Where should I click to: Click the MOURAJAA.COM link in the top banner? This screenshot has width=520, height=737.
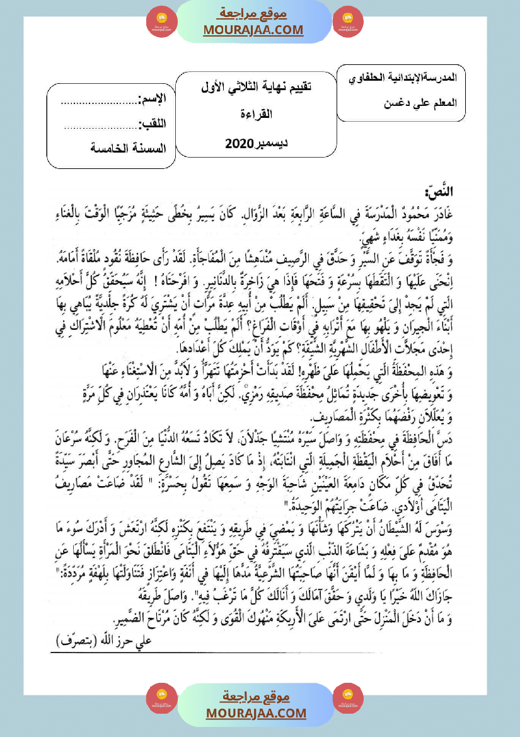[253, 30]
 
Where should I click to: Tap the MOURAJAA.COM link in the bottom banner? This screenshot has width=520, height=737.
[256, 713]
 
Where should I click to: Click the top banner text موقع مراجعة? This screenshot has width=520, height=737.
[253, 13]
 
